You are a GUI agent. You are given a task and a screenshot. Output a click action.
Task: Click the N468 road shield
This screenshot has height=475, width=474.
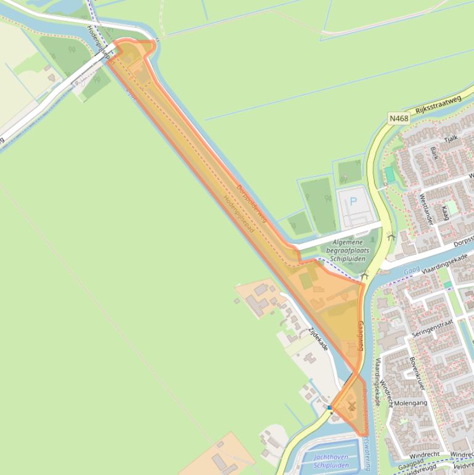pos(399,118)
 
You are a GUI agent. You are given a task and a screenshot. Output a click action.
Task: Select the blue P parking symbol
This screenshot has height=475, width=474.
pos(354,201)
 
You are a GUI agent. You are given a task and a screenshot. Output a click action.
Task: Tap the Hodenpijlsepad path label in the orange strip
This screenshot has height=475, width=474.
pos(239,215)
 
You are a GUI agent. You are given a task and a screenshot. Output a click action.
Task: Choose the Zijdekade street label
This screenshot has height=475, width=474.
pos(318,339)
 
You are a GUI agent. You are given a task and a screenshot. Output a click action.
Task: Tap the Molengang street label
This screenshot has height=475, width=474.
pos(410,403)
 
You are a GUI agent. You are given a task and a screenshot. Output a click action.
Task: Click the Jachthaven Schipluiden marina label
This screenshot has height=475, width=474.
pos(331,461)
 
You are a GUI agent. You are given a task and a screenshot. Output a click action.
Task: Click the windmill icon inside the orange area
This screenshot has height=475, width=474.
pos(351,407)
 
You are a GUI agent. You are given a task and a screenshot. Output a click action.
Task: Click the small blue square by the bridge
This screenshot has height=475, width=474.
pos(330,408)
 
